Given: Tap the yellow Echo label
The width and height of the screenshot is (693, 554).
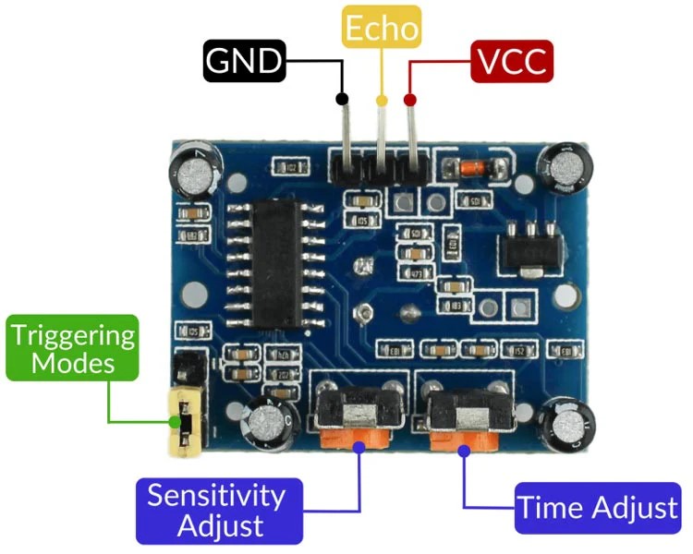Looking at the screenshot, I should pyautogui.click(x=381, y=28).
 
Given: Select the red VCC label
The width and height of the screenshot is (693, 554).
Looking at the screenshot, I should pyautogui.click(x=512, y=62).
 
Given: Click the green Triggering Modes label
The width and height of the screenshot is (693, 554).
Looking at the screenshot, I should pyautogui.click(x=73, y=348).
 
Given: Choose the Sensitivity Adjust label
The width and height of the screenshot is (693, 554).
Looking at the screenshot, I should pyautogui.click(x=218, y=510).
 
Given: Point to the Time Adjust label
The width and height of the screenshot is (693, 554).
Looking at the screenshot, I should pyautogui.click(x=599, y=508).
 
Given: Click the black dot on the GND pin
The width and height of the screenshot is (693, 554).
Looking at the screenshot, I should pyautogui.click(x=342, y=99).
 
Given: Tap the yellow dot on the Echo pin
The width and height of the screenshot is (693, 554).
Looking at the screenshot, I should pyautogui.click(x=381, y=99).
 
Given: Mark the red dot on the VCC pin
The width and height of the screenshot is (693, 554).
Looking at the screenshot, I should pyautogui.click(x=410, y=99).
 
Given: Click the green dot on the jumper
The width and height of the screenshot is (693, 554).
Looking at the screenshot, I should pyautogui.click(x=176, y=423).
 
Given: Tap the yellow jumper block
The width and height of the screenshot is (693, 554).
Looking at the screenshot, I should pyautogui.click(x=182, y=422).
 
